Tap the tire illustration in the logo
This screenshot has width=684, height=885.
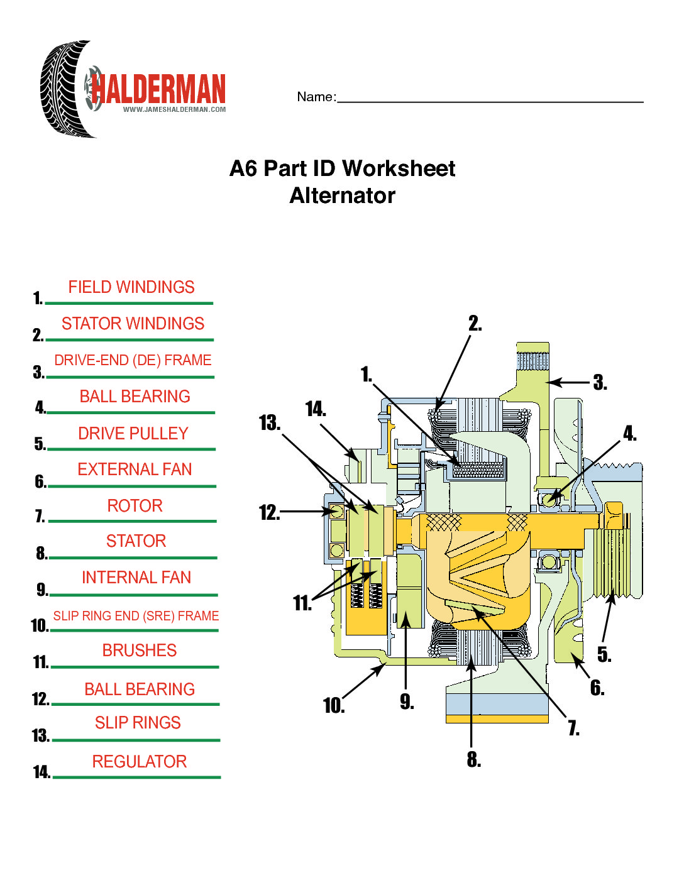coord(63,88)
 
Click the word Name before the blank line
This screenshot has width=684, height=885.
coord(316,97)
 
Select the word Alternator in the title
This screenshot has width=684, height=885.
coord(342,195)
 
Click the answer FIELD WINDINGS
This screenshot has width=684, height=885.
coord(131,287)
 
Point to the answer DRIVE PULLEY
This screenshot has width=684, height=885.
coord(133,434)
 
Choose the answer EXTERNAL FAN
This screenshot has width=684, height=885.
coord(135,470)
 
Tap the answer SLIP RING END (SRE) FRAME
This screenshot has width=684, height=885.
coord(136,616)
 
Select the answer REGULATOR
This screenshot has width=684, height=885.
coord(140,762)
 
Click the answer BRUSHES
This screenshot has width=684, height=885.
coord(140,651)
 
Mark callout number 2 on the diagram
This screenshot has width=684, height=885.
coord(475,324)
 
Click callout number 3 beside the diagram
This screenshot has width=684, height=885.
coord(600,383)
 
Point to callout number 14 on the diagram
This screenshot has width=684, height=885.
coord(316,410)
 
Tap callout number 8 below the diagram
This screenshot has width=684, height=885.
coord(474,761)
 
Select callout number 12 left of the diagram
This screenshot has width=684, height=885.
coord(269,513)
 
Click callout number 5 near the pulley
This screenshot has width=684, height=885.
coord(604,655)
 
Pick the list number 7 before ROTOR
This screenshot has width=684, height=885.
coord(40,517)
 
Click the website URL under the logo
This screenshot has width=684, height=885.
coord(174,109)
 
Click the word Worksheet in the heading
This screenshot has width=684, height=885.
coord(399,168)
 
